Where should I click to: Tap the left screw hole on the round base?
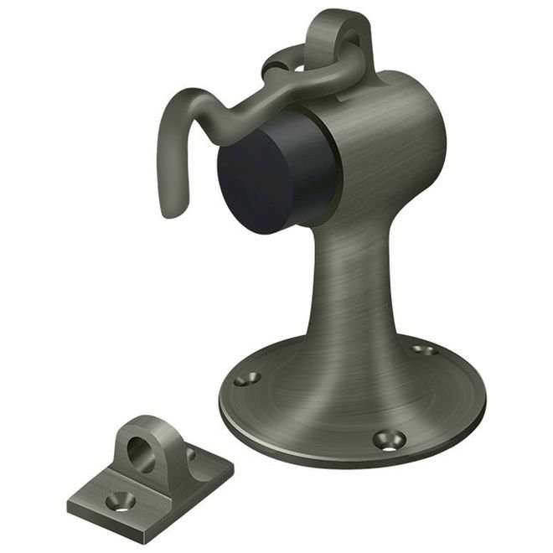coord(246,379)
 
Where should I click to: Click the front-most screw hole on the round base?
coord(388,438)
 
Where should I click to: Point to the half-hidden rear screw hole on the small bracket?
coord(190,455)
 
